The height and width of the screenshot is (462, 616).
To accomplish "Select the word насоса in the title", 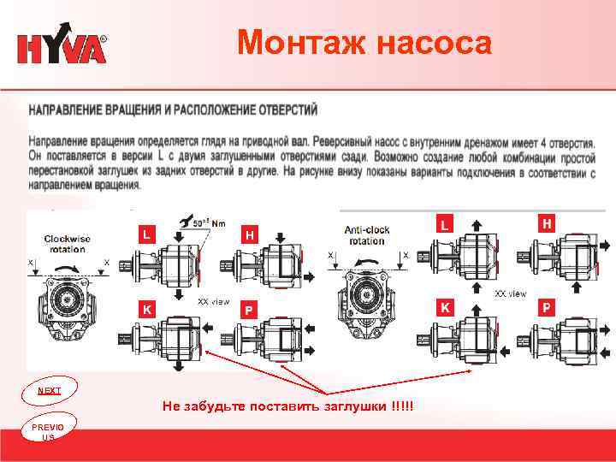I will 433,42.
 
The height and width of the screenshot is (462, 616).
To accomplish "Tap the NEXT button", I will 50,391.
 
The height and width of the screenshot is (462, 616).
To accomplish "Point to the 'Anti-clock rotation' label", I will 367,235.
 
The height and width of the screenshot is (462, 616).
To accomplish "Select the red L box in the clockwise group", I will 147,234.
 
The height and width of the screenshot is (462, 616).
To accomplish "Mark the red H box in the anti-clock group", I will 544,222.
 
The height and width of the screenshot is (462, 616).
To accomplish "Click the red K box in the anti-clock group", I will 444,305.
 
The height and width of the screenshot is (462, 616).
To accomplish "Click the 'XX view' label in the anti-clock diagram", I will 511,293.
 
